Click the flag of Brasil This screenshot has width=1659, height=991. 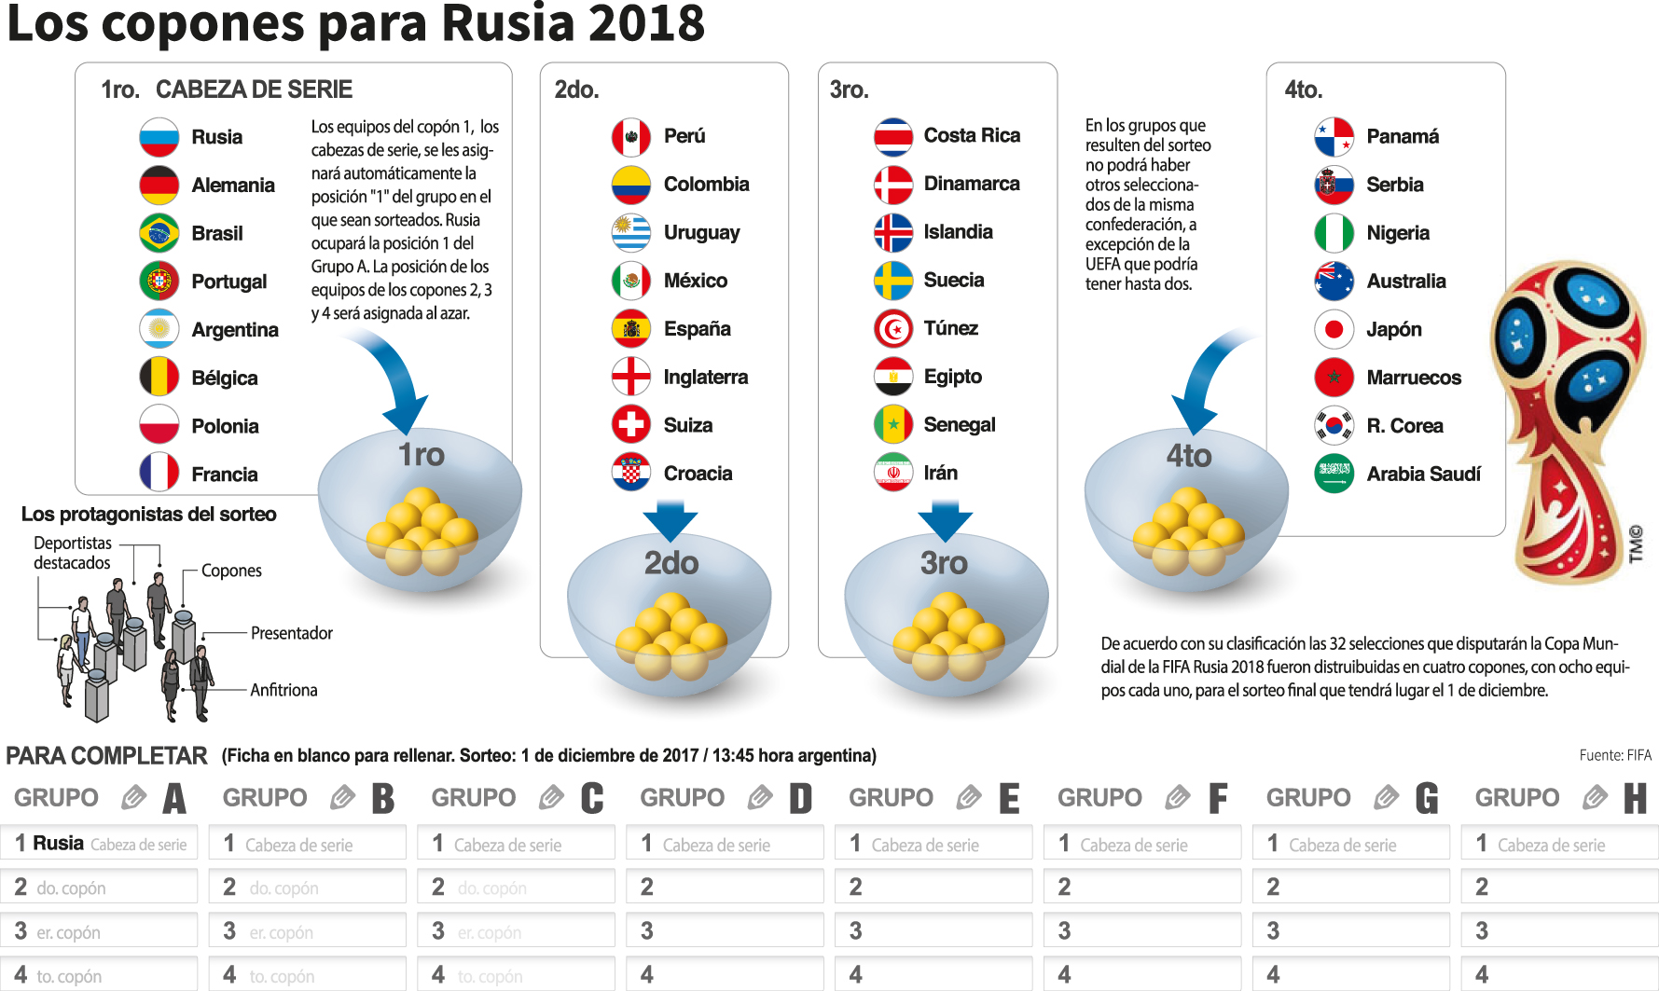coord(159,233)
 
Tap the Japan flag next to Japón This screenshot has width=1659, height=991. coord(1334,329)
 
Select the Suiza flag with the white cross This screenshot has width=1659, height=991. coord(631,425)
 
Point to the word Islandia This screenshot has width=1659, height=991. coord(958,232)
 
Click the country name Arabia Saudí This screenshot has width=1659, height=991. coord(1423,474)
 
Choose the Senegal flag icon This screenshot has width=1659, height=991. coord(893,425)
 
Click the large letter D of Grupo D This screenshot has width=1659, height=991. coord(800,799)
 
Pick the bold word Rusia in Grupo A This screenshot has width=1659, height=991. coord(59,844)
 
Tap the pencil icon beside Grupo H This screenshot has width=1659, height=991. coord(1596,797)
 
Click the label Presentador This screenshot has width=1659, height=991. coord(291,633)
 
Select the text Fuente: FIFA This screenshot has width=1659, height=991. coord(1615,755)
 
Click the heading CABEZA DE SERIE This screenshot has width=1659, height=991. coord(254,89)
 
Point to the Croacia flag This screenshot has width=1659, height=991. coord(631,474)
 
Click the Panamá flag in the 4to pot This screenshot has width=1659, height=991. coord(1334,137)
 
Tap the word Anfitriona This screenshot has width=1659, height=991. coord(283,690)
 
